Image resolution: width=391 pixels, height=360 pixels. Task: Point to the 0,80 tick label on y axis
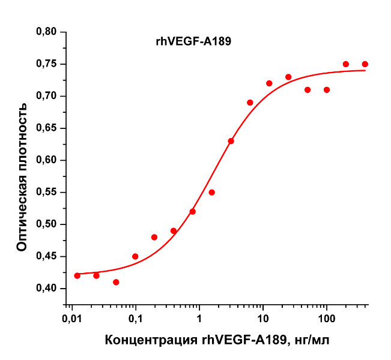[47, 32]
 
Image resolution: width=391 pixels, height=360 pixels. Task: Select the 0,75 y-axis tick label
[47, 64]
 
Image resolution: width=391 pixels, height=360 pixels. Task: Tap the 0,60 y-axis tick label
[47, 160]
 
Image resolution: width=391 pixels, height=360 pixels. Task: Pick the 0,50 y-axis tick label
[47, 224]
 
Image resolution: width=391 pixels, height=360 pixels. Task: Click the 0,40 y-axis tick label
[47, 289]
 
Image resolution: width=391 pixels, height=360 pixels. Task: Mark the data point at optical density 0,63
[231, 141]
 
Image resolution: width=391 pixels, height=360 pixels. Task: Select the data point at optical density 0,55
[211, 193]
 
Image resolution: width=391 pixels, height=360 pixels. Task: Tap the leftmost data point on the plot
[77, 276]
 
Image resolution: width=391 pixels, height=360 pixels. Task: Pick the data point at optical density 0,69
[250, 103]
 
